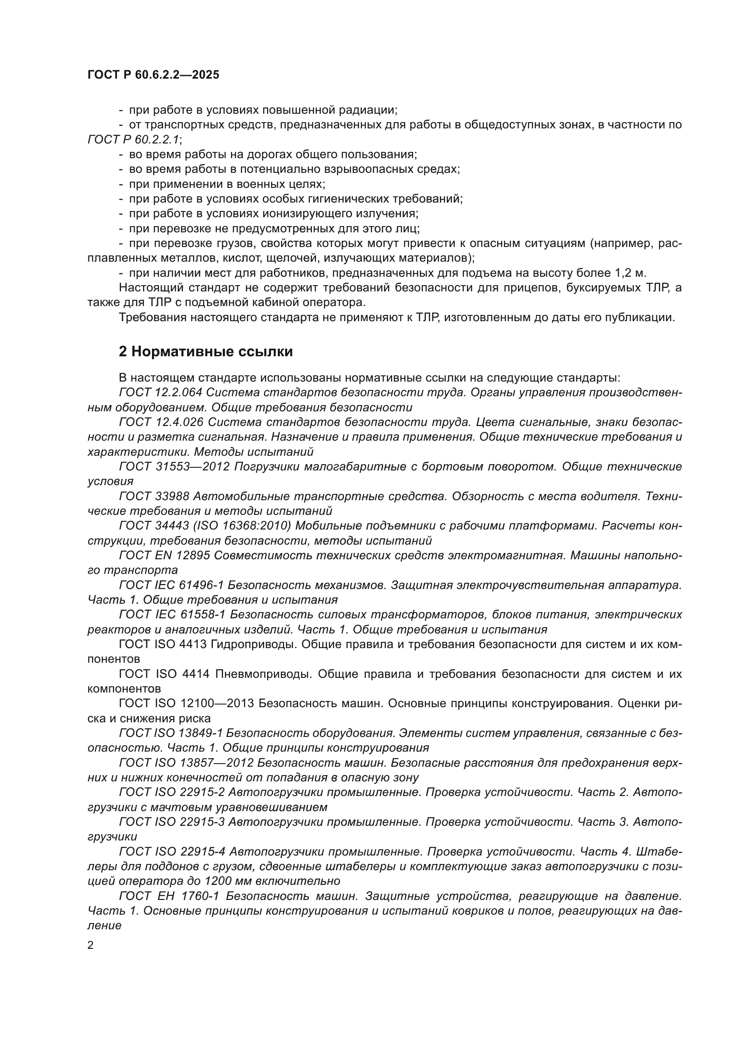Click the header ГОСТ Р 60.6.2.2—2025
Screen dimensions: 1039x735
tap(153, 75)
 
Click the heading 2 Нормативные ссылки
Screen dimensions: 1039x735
tap(205, 352)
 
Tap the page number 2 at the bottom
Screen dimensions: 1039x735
tap(91, 945)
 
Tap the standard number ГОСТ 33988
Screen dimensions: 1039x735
tap(154, 497)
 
